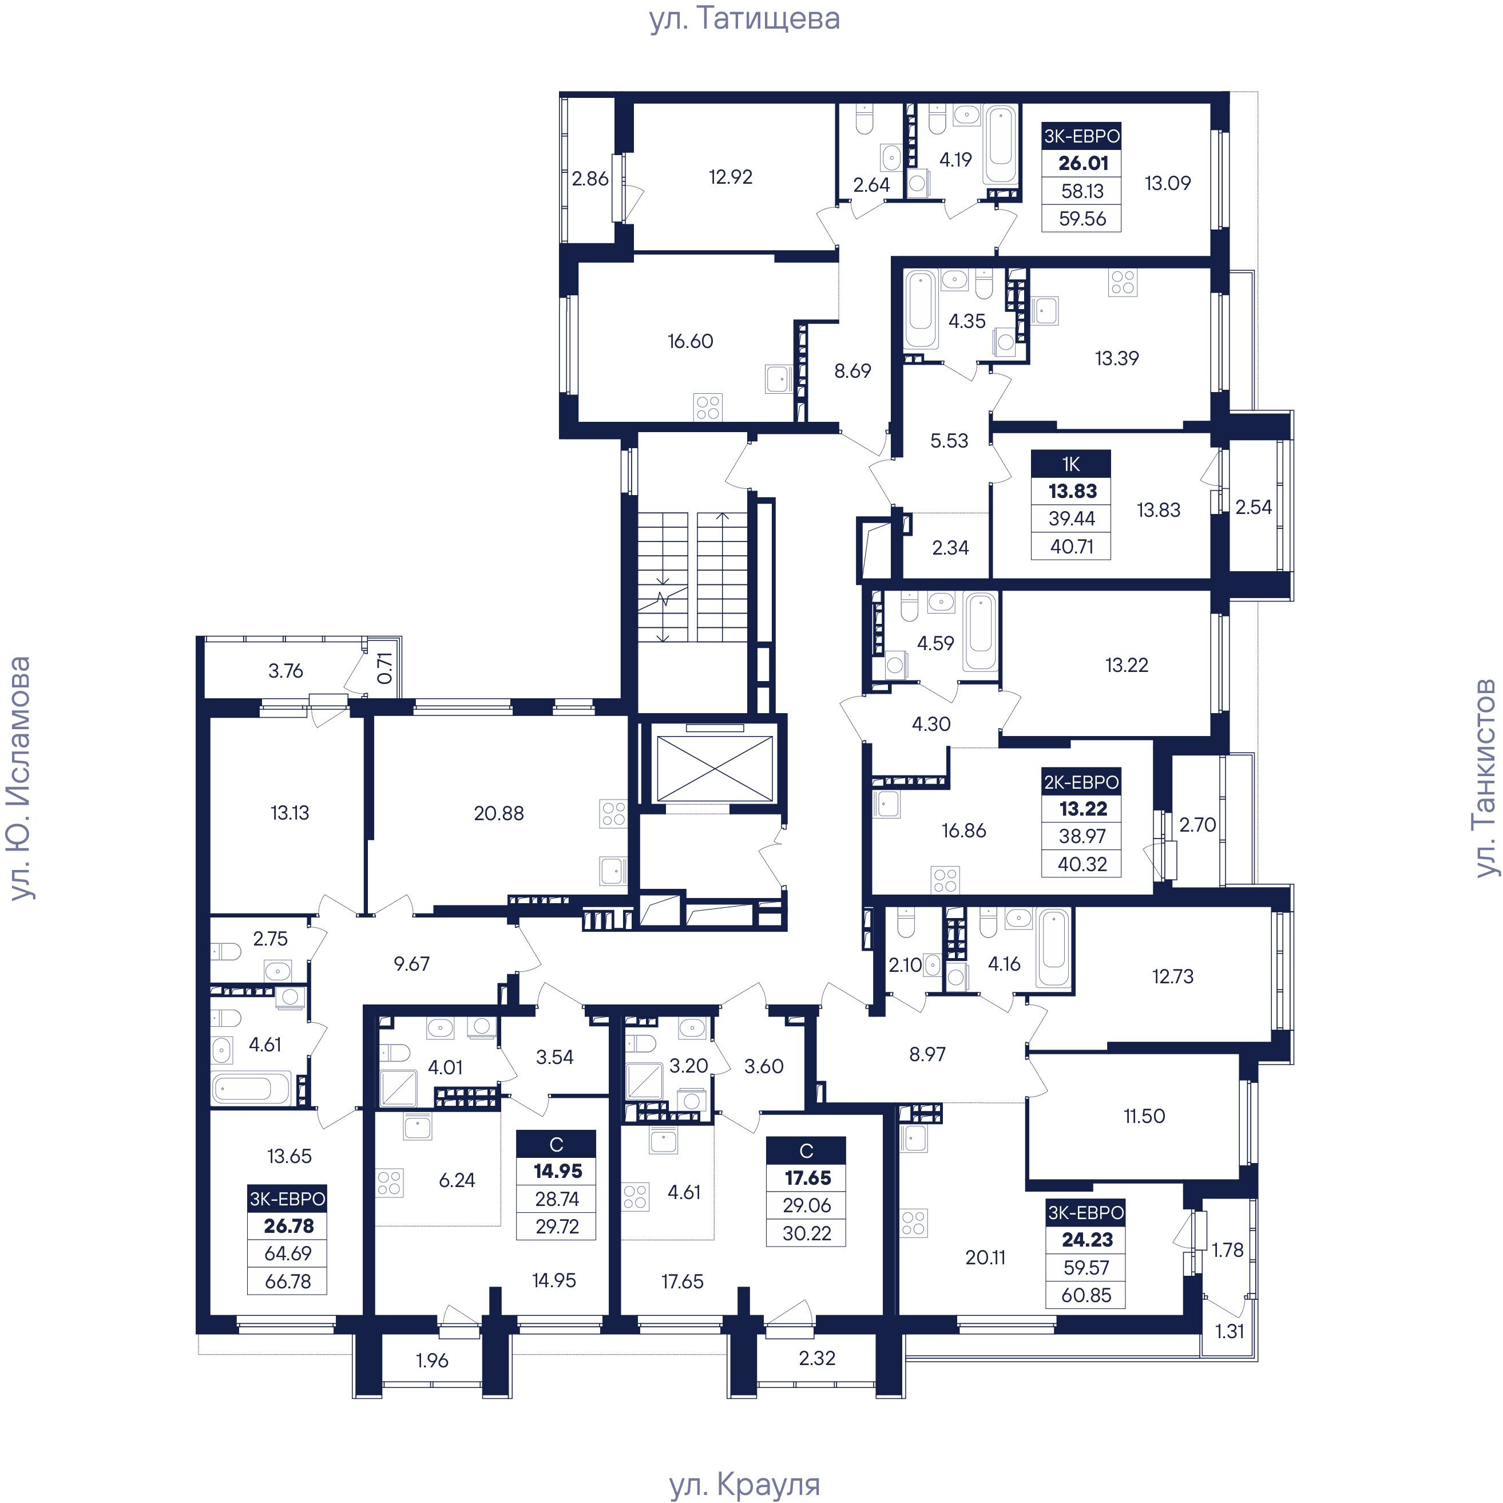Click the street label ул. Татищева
(x=744, y=19)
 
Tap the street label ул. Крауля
(x=744, y=1484)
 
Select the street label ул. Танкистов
(x=1485, y=778)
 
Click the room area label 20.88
(x=499, y=813)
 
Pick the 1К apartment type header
(x=1070, y=464)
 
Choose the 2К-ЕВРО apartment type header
(x=1081, y=781)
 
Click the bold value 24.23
(x=1087, y=1239)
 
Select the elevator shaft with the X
(x=716, y=768)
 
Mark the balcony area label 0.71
(x=384, y=668)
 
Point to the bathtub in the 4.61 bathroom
(x=251, y=1087)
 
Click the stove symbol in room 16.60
(x=708, y=408)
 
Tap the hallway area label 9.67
(x=411, y=964)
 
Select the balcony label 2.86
(x=590, y=179)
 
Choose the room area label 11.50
(x=1144, y=1116)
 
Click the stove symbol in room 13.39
(x=1123, y=283)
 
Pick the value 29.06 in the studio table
(x=807, y=1205)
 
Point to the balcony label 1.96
(x=432, y=1360)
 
